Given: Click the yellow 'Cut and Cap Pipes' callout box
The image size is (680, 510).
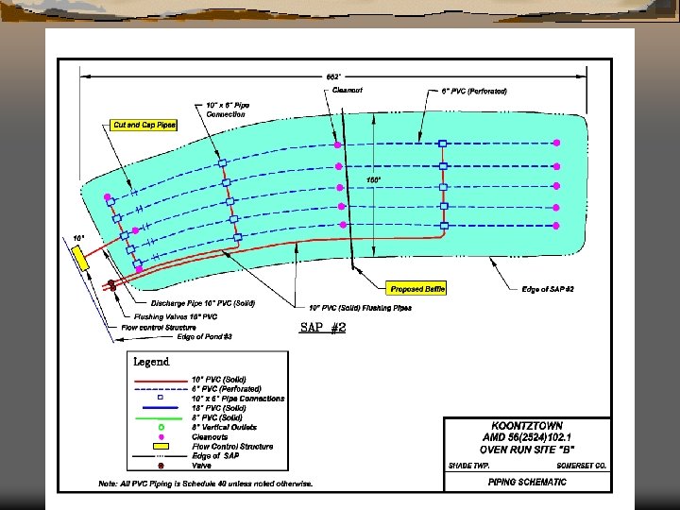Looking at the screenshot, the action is pyautogui.click(x=144, y=125).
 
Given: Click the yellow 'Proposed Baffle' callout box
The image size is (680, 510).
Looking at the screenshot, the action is pyautogui.click(x=416, y=289).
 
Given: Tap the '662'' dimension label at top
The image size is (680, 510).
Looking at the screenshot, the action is pyautogui.click(x=333, y=76).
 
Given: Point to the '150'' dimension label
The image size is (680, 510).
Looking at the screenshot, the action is pyautogui.click(x=374, y=179).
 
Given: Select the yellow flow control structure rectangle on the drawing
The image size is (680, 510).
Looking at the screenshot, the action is pyautogui.click(x=83, y=258).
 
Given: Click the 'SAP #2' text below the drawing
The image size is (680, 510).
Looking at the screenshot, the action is pyautogui.click(x=323, y=327).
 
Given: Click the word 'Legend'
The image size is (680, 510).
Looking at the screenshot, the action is pyautogui.click(x=151, y=361).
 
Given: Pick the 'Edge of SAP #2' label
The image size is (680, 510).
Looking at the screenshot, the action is pyautogui.click(x=549, y=289).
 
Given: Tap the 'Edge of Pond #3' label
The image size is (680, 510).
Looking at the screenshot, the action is pyautogui.click(x=205, y=336).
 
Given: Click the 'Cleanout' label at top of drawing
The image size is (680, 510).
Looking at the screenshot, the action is pyautogui.click(x=348, y=91).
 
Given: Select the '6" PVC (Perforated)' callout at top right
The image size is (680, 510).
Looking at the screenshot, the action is pyautogui.click(x=474, y=91).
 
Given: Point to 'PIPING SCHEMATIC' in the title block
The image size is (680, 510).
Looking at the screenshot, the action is pyautogui.click(x=527, y=482).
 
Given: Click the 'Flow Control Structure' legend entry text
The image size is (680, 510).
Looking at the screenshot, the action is pyautogui.click(x=232, y=447).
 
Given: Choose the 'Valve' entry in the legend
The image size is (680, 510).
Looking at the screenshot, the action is pyautogui.click(x=202, y=466).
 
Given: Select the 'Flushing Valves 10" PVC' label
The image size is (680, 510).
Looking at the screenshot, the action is pyautogui.click(x=176, y=316).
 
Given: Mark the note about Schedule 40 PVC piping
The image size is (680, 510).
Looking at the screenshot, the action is pyautogui.click(x=205, y=484).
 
